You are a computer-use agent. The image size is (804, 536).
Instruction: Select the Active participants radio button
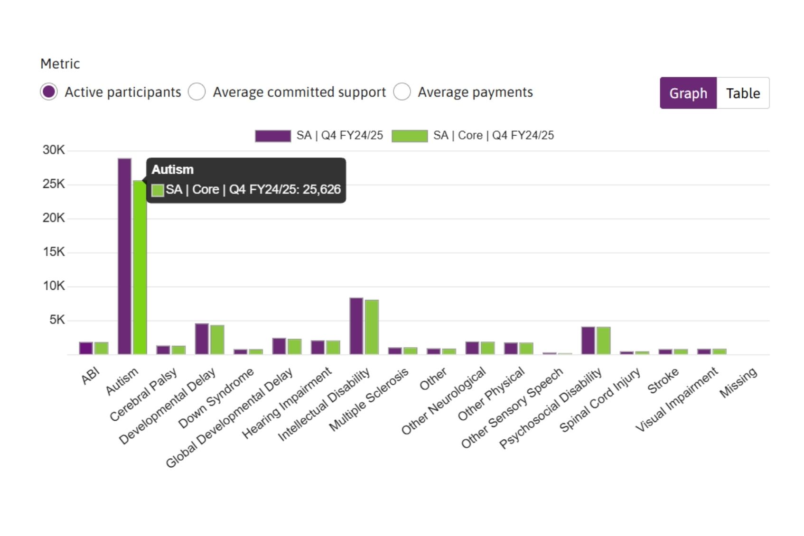pos(49,92)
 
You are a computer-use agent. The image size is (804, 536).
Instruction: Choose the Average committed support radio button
pos(196,92)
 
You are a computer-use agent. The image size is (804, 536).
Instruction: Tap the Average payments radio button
pos(402,92)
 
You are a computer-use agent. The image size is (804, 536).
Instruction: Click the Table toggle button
pos(743,93)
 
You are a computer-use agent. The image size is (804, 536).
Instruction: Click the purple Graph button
pos(688,93)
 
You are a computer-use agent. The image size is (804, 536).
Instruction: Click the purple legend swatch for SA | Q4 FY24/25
pos(272,136)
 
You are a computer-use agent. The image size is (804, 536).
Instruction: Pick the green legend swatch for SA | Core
pos(409,136)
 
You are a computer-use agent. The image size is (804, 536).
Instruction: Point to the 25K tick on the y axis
pos(54,184)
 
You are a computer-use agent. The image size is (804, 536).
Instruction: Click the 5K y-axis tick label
pos(57,320)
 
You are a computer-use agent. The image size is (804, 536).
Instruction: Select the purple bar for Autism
pos(124,256)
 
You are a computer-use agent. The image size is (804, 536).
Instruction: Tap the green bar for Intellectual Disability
pos(372,327)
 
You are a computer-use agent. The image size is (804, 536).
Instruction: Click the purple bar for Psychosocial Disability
pos(588,340)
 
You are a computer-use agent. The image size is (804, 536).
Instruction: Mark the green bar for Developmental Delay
pos(217,340)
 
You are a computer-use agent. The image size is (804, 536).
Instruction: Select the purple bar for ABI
pos(86,348)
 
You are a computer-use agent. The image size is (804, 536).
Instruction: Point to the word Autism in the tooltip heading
pos(172,169)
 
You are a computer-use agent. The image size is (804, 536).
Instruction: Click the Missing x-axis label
pos(739,382)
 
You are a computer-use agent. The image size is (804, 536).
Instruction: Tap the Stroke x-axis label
pos(663,381)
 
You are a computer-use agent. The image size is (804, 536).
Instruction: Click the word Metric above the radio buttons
pos(60,64)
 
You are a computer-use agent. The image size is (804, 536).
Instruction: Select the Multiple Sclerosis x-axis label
pos(369,399)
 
